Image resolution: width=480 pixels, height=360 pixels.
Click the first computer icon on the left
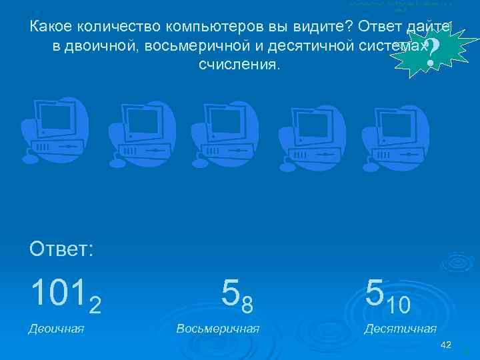pos(55,131)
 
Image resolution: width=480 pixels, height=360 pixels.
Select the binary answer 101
pos(58,291)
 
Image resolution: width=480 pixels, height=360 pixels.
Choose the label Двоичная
pos(56,328)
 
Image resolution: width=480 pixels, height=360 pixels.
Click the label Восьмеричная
pos(218,328)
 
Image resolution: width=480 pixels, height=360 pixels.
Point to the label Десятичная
pos(400,328)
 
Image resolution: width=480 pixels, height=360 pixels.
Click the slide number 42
pos(446,344)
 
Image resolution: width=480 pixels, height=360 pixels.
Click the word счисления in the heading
pos(239,65)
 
